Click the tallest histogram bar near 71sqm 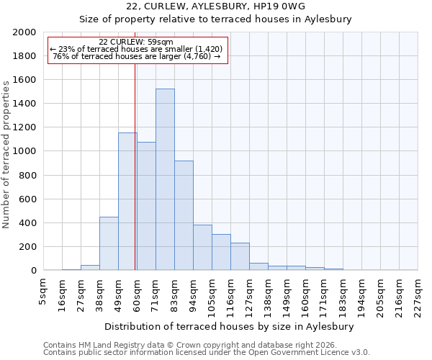click(x=165, y=180)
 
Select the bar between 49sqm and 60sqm click(x=127, y=202)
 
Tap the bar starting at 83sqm click(x=184, y=216)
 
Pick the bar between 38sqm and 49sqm click(x=109, y=243)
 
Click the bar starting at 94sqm click(x=202, y=248)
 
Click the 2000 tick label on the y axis click(x=24, y=32)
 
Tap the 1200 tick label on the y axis click(x=24, y=127)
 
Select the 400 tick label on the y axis click(x=27, y=223)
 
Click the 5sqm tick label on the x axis click(x=43, y=292)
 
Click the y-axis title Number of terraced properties click(x=6, y=154)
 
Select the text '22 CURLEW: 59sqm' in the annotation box click(x=135, y=42)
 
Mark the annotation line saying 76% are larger click(x=136, y=56)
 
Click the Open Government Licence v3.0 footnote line click(x=207, y=352)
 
